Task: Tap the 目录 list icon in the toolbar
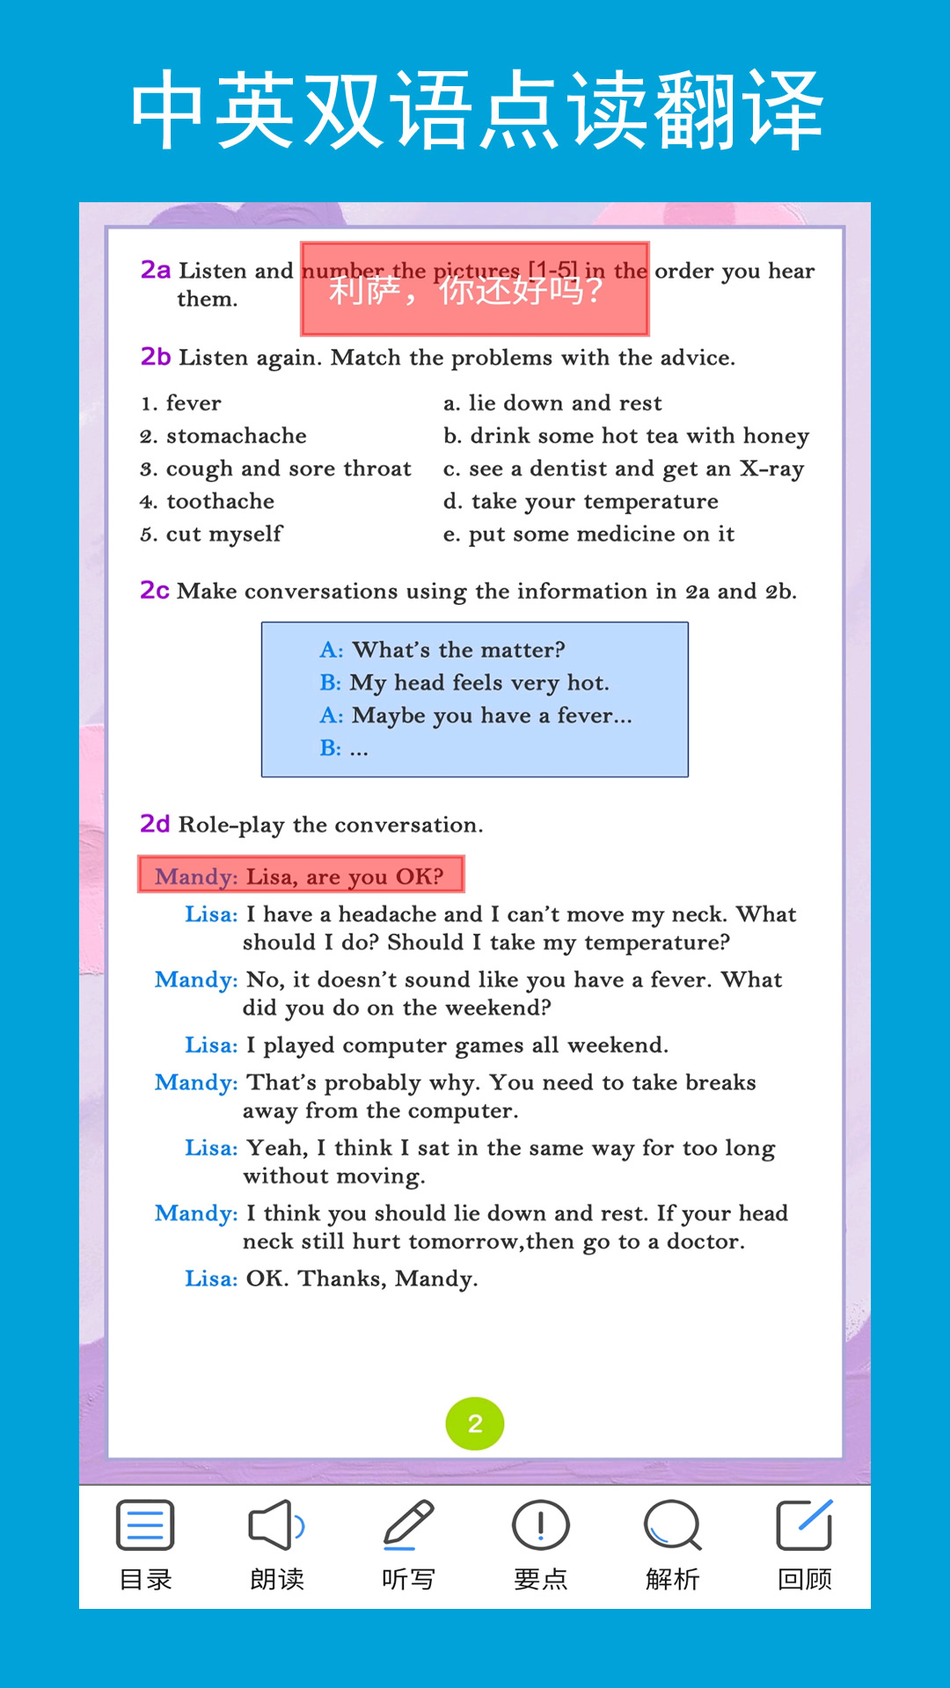pyautogui.click(x=145, y=1525)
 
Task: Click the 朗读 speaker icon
pyautogui.click(x=277, y=1525)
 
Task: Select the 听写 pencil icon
pyautogui.click(x=409, y=1525)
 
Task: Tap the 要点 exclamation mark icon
pyautogui.click(x=541, y=1525)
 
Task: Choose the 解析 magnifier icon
pyautogui.click(x=673, y=1525)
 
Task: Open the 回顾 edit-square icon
pyautogui.click(x=805, y=1525)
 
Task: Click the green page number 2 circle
pyautogui.click(x=475, y=1423)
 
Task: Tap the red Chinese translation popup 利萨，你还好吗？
pyautogui.click(x=475, y=289)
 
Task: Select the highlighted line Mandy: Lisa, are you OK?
pyautogui.click(x=300, y=876)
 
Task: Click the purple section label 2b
pyautogui.click(x=156, y=357)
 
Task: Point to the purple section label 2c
pyautogui.click(x=155, y=590)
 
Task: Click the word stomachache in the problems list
pyautogui.click(x=237, y=436)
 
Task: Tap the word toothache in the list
pyautogui.click(x=221, y=501)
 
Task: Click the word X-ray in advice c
pyautogui.click(x=771, y=469)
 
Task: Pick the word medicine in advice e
pyautogui.click(x=626, y=535)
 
